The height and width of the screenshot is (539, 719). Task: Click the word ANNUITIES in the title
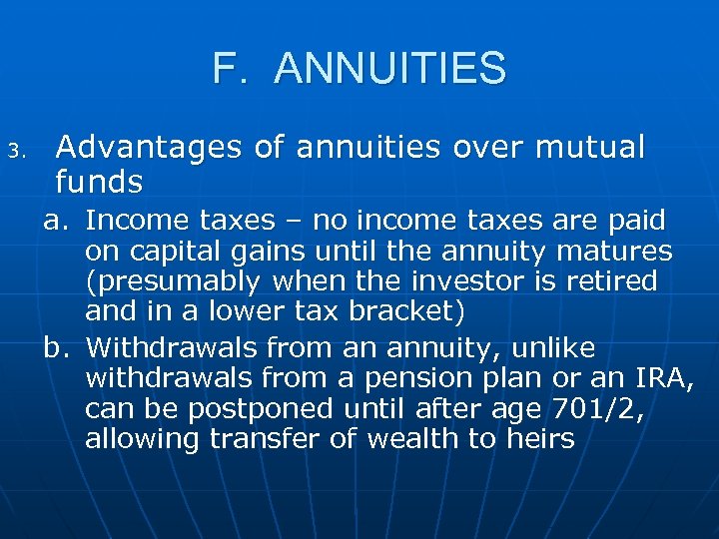point(389,69)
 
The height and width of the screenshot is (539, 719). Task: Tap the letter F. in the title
point(229,69)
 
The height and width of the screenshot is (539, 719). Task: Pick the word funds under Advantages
point(100,182)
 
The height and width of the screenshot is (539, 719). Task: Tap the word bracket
point(405,311)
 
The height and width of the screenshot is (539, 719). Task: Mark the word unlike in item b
point(550,348)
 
